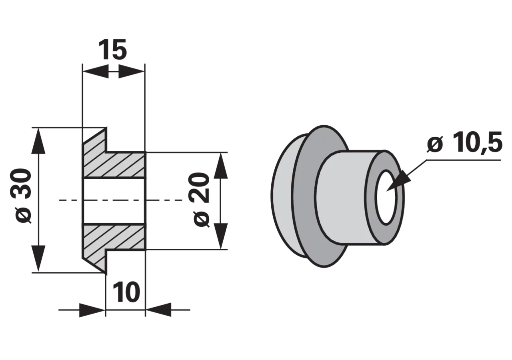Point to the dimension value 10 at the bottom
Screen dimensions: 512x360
tap(126, 292)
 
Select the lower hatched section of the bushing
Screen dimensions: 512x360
tap(114, 243)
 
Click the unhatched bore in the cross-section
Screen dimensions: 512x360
tap(114, 201)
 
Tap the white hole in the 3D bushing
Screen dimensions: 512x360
tap(386, 197)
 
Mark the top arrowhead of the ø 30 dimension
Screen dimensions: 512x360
tap(38, 140)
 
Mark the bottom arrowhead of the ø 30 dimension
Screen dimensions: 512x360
tap(38, 259)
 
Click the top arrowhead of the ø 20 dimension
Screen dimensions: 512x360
tap(220, 166)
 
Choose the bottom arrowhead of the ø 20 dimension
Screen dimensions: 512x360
tap(220, 236)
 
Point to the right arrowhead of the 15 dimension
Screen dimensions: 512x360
tap(132, 72)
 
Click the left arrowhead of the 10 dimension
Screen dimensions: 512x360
tap(92, 310)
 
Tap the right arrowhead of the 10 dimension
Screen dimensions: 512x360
tap(159, 310)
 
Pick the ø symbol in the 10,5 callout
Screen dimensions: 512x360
tap(435, 144)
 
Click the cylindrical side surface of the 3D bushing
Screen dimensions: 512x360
tap(343, 197)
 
